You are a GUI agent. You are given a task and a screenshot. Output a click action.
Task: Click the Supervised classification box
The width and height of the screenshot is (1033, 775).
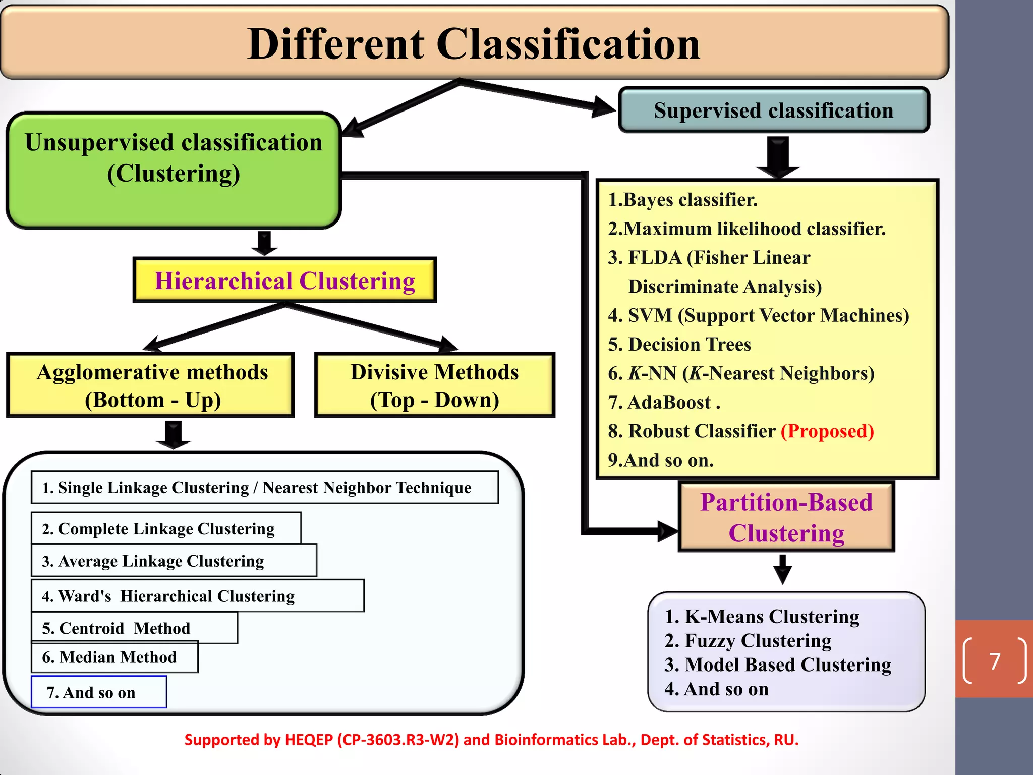[x=773, y=110]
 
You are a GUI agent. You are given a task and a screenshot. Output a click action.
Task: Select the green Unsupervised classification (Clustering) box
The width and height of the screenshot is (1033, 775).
[x=174, y=170]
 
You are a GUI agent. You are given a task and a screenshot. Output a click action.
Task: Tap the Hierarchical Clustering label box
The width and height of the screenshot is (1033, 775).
[x=284, y=281]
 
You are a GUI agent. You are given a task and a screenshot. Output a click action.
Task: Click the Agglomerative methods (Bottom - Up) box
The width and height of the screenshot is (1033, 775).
[x=151, y=385]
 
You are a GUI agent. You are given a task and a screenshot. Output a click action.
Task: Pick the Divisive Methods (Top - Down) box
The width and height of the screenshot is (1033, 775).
[x=434, y=385]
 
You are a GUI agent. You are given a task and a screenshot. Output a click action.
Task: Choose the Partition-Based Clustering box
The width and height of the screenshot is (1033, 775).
[x=786, y=517]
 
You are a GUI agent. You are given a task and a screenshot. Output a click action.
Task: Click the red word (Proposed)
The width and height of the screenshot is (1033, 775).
[x=827, y=431]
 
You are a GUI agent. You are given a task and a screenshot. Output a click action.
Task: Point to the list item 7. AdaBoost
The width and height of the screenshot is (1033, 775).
[x=664, y=403]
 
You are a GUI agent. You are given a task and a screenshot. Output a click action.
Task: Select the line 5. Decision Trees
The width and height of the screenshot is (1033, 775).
[x=679, y=345]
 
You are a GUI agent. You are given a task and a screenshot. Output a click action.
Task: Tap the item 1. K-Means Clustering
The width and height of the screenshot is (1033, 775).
[x=762, y=617]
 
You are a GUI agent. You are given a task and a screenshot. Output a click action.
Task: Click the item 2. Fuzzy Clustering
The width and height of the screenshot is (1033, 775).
[x=748, y=641]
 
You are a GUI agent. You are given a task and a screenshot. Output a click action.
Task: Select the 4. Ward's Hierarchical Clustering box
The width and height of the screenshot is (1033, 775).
[x=197, y=596]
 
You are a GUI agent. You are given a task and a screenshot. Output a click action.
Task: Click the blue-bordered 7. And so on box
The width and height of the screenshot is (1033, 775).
[x=99, y=692]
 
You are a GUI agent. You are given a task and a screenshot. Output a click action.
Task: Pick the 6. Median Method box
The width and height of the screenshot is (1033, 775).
[x=114, y=657]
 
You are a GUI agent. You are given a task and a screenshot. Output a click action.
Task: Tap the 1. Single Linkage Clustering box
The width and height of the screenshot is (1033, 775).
[x=264, y=488]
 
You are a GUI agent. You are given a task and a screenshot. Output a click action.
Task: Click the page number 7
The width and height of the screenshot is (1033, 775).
[x=995, y=661]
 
